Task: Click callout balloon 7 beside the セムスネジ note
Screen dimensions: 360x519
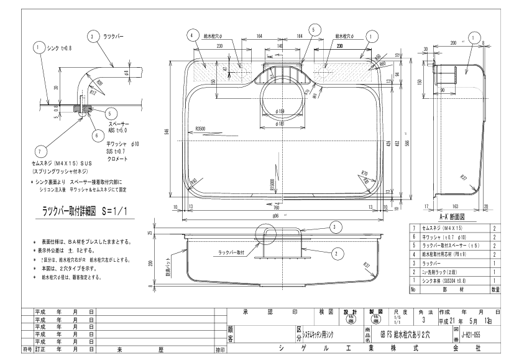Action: click(39, 151)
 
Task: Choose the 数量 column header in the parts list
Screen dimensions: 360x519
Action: click(496, 289)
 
